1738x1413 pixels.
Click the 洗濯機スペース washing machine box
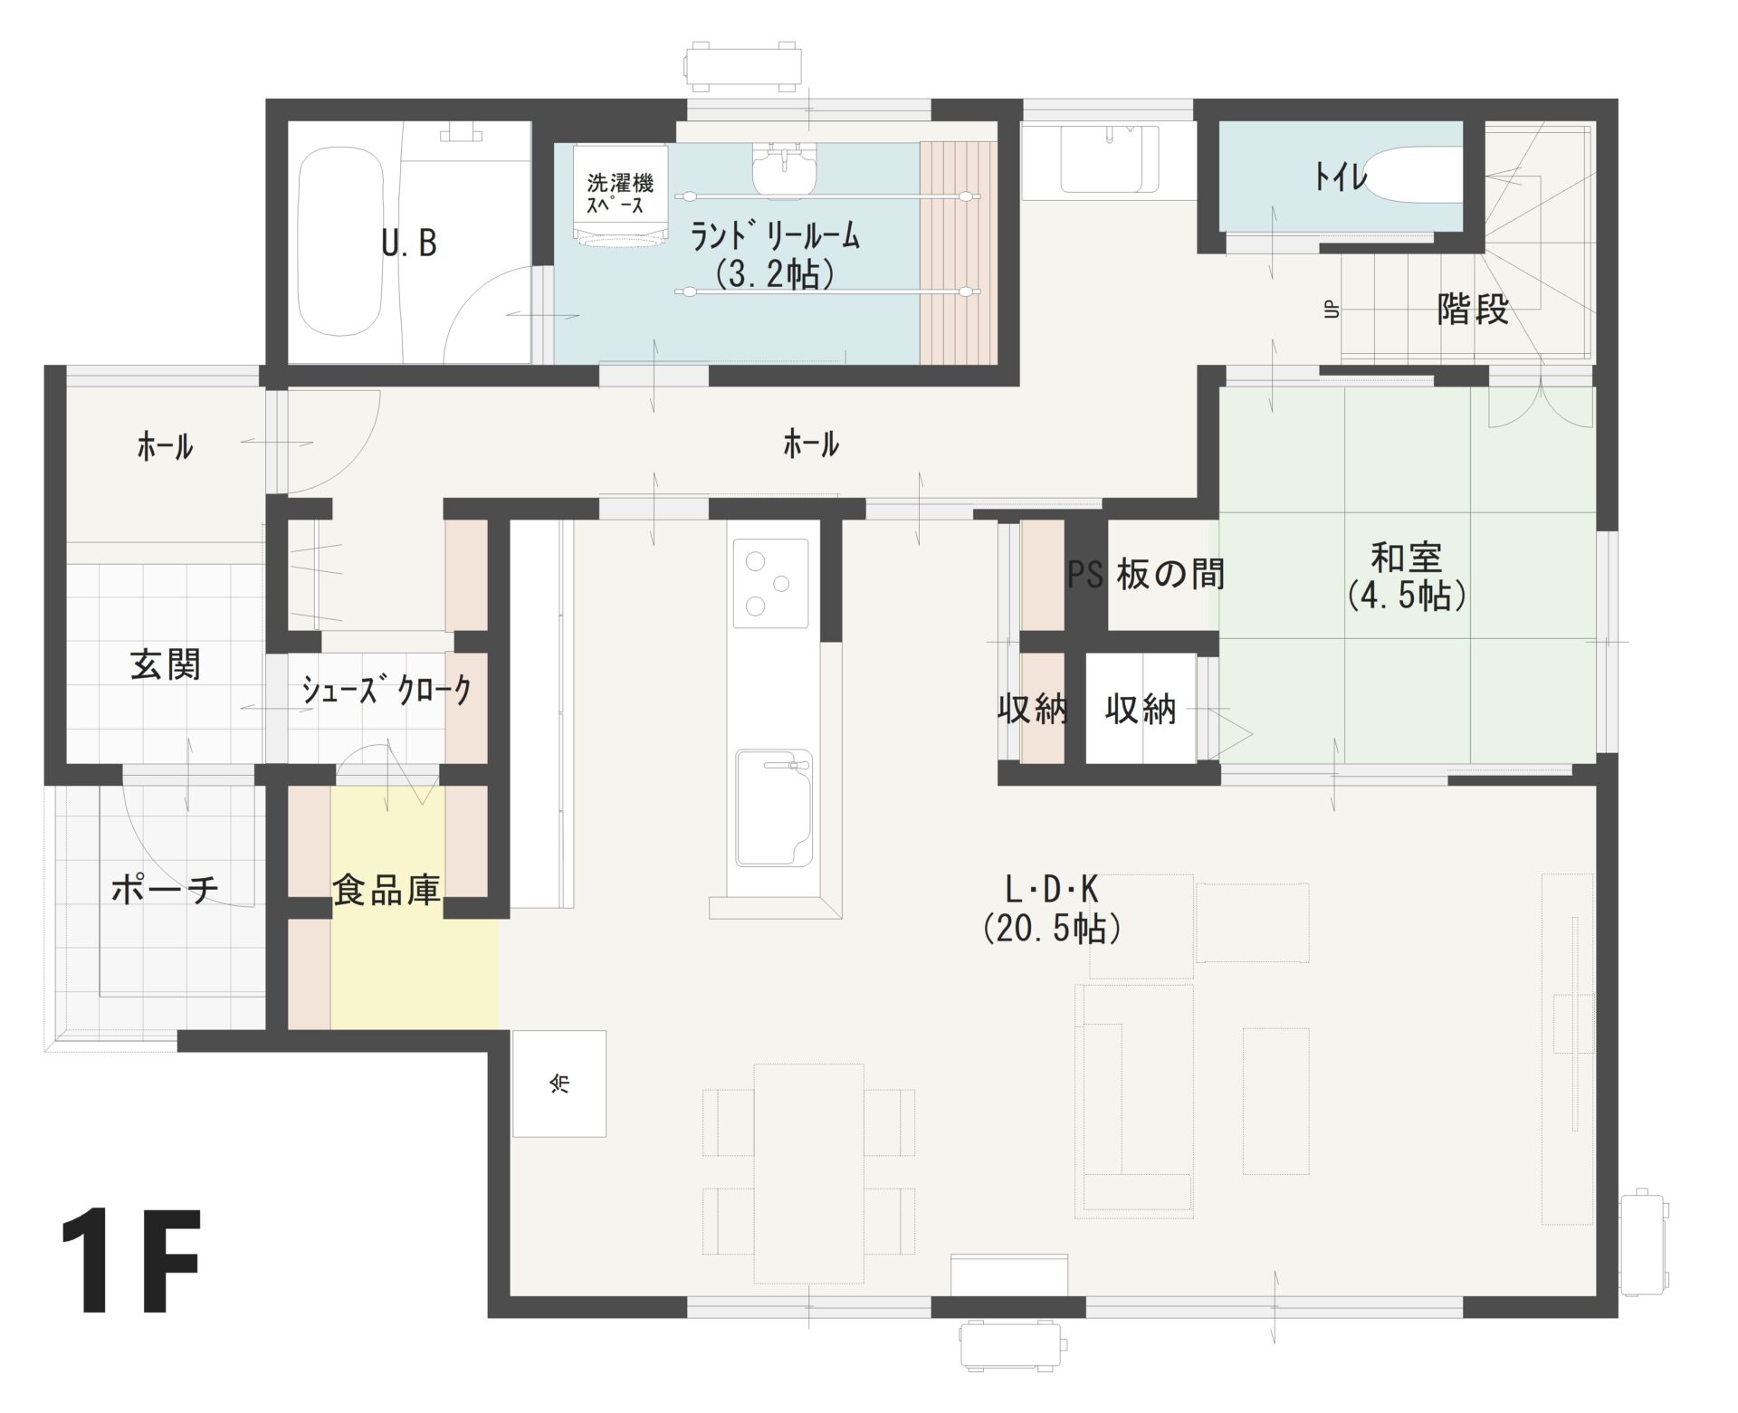click(x=619, y=194)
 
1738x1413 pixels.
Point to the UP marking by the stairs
click(x=1331, y=310)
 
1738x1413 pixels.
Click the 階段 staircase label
click(x=1472, y=310)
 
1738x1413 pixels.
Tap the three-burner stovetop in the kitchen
click(x=771, y=583)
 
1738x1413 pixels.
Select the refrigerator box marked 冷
click(x=559, y=1083)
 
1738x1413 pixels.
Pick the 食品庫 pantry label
click(x=387, y=890)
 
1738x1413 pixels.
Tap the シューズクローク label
click(x=387, y=692)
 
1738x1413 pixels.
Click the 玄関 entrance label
click(x=166, y=665)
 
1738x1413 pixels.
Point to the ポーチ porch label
click(x=165, y=891)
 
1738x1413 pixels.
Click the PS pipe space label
click(x=1085, y=575)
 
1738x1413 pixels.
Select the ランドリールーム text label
click(x=775, y=237)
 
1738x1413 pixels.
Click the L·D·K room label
click(x=1052, y=891)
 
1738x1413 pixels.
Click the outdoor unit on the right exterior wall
click(x=1642, y=1255)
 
